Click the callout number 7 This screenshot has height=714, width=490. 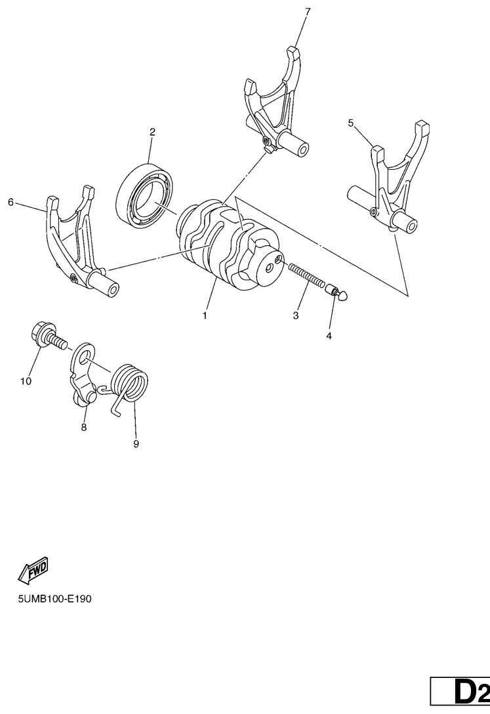[x=308, y=12]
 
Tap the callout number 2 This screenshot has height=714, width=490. [x=153, y=132]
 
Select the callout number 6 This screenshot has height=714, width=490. [x=11, y=202]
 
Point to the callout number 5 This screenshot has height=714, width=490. [x=350, y=123]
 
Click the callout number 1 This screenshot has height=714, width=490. [x=205, y=315]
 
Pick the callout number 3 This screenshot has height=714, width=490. [x=296, y=315]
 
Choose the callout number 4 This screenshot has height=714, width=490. [x=329, y=336]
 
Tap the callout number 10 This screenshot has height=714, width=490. [x=26, y=381]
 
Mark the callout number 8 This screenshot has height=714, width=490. [x=84, y=427]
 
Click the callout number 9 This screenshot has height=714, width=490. [x=136, y=443]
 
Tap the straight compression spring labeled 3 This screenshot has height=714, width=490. [x=306, y=275]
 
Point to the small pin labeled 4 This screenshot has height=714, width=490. [x=338, y=291]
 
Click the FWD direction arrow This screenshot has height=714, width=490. [x=33, y=569]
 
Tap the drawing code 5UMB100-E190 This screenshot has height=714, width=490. [x=54, y=599]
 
